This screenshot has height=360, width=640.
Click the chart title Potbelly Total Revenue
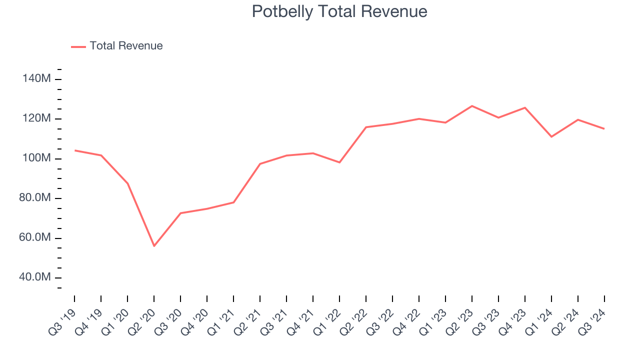tap(339, 11)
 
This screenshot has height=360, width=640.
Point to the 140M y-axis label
tap(36, 79)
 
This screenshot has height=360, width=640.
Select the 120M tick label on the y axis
tap(36, 118)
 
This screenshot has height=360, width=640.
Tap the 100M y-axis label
tap(36, 158)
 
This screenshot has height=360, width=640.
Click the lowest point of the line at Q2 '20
tap(154, 246)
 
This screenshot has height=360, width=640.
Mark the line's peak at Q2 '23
tap(472, 106)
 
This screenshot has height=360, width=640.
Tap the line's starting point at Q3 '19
tap(74, 150)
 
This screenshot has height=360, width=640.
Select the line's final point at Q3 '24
tap(604, 128)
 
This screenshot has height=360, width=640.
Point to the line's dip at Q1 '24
tap(551, 136)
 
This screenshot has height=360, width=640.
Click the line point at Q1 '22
tap(339, 162)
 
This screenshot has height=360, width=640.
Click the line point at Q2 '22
tap(366, 127)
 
